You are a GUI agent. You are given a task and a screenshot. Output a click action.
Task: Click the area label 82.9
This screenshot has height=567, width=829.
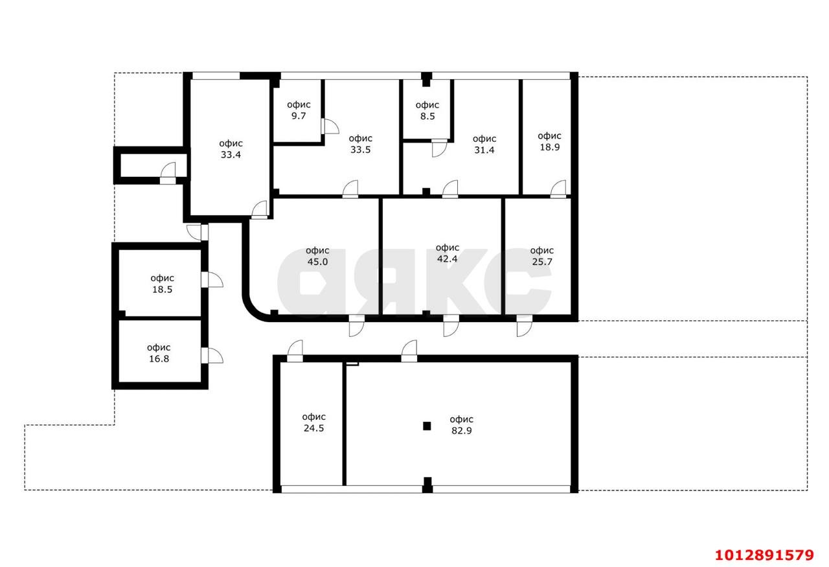[x=461, y=424]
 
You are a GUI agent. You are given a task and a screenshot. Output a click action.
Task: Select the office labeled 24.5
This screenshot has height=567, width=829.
[x=313, y=422]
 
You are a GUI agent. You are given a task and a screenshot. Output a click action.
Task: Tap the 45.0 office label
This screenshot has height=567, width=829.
[x=317, y=256]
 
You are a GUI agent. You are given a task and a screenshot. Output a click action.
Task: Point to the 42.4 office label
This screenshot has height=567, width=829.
[x=448, y=253]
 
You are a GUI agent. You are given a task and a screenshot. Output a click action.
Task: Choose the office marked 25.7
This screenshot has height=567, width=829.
[x=541, y=256]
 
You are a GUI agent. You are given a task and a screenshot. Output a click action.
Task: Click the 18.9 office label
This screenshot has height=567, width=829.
[x=549, y=141]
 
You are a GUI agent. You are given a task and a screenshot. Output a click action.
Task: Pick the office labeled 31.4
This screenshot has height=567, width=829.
[x=484, y=144]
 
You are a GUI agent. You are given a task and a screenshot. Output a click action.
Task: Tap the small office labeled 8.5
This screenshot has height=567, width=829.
[x=427, y=110]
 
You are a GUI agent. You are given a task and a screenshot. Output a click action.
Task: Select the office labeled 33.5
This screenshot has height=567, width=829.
[x=360, y=143]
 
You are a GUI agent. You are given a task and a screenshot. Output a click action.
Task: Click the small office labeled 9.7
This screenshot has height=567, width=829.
[x=299, y=110]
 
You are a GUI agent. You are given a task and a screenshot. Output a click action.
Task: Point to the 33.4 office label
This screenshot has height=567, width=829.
[x=231, y=149]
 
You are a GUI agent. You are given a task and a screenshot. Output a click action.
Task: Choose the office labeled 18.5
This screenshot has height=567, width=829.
[x=162, y=284]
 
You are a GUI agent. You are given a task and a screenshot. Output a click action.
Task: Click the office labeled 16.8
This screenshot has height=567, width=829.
[x=158, y=353]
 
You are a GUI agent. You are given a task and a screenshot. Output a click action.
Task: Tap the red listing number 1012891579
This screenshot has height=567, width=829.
[x=764, y=555]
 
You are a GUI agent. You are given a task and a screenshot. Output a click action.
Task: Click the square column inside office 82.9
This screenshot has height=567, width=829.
[x=427, y=426]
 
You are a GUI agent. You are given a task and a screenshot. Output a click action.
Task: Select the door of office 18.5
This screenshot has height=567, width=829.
[x=211, y=279]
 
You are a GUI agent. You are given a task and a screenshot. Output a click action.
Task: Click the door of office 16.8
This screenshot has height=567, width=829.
[x=211, y=355]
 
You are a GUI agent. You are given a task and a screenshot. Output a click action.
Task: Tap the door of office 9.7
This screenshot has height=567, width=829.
[x=329, y=126]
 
